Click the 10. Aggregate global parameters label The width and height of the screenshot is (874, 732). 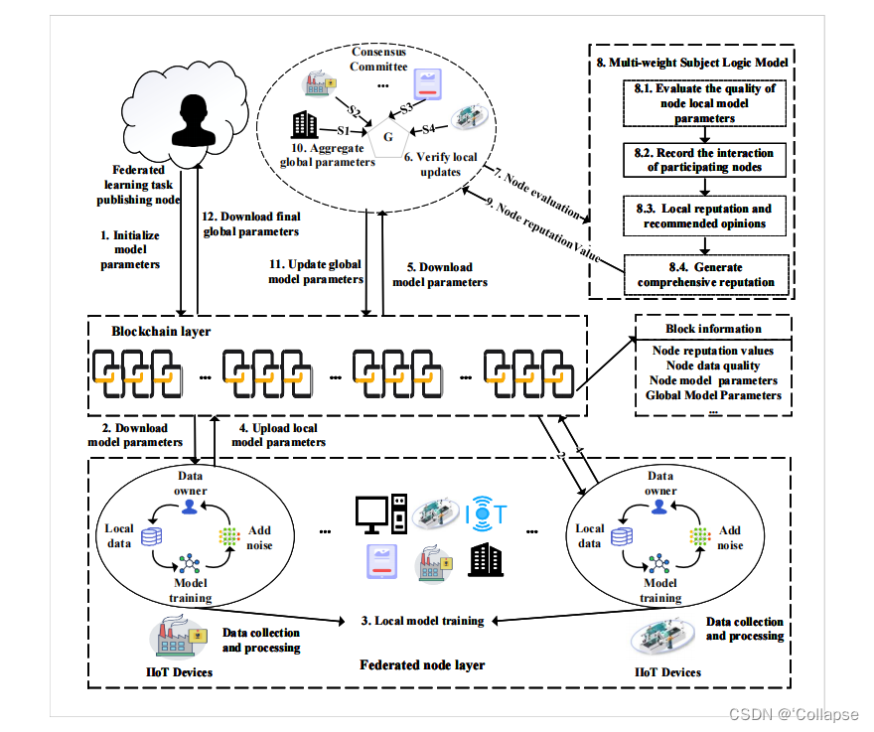coord(325,156)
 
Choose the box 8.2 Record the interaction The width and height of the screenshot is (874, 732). coord(704,159)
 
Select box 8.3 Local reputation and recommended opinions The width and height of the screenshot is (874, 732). coord(705,216)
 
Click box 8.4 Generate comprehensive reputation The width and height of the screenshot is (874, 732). coord(705,274)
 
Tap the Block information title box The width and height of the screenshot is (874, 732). coord(713,329)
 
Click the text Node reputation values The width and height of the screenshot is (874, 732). coord(713,351)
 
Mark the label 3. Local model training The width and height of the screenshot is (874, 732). coord(422,621)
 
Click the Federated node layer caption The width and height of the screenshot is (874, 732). coord(422,664)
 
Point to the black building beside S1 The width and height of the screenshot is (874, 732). coord(303,125)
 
